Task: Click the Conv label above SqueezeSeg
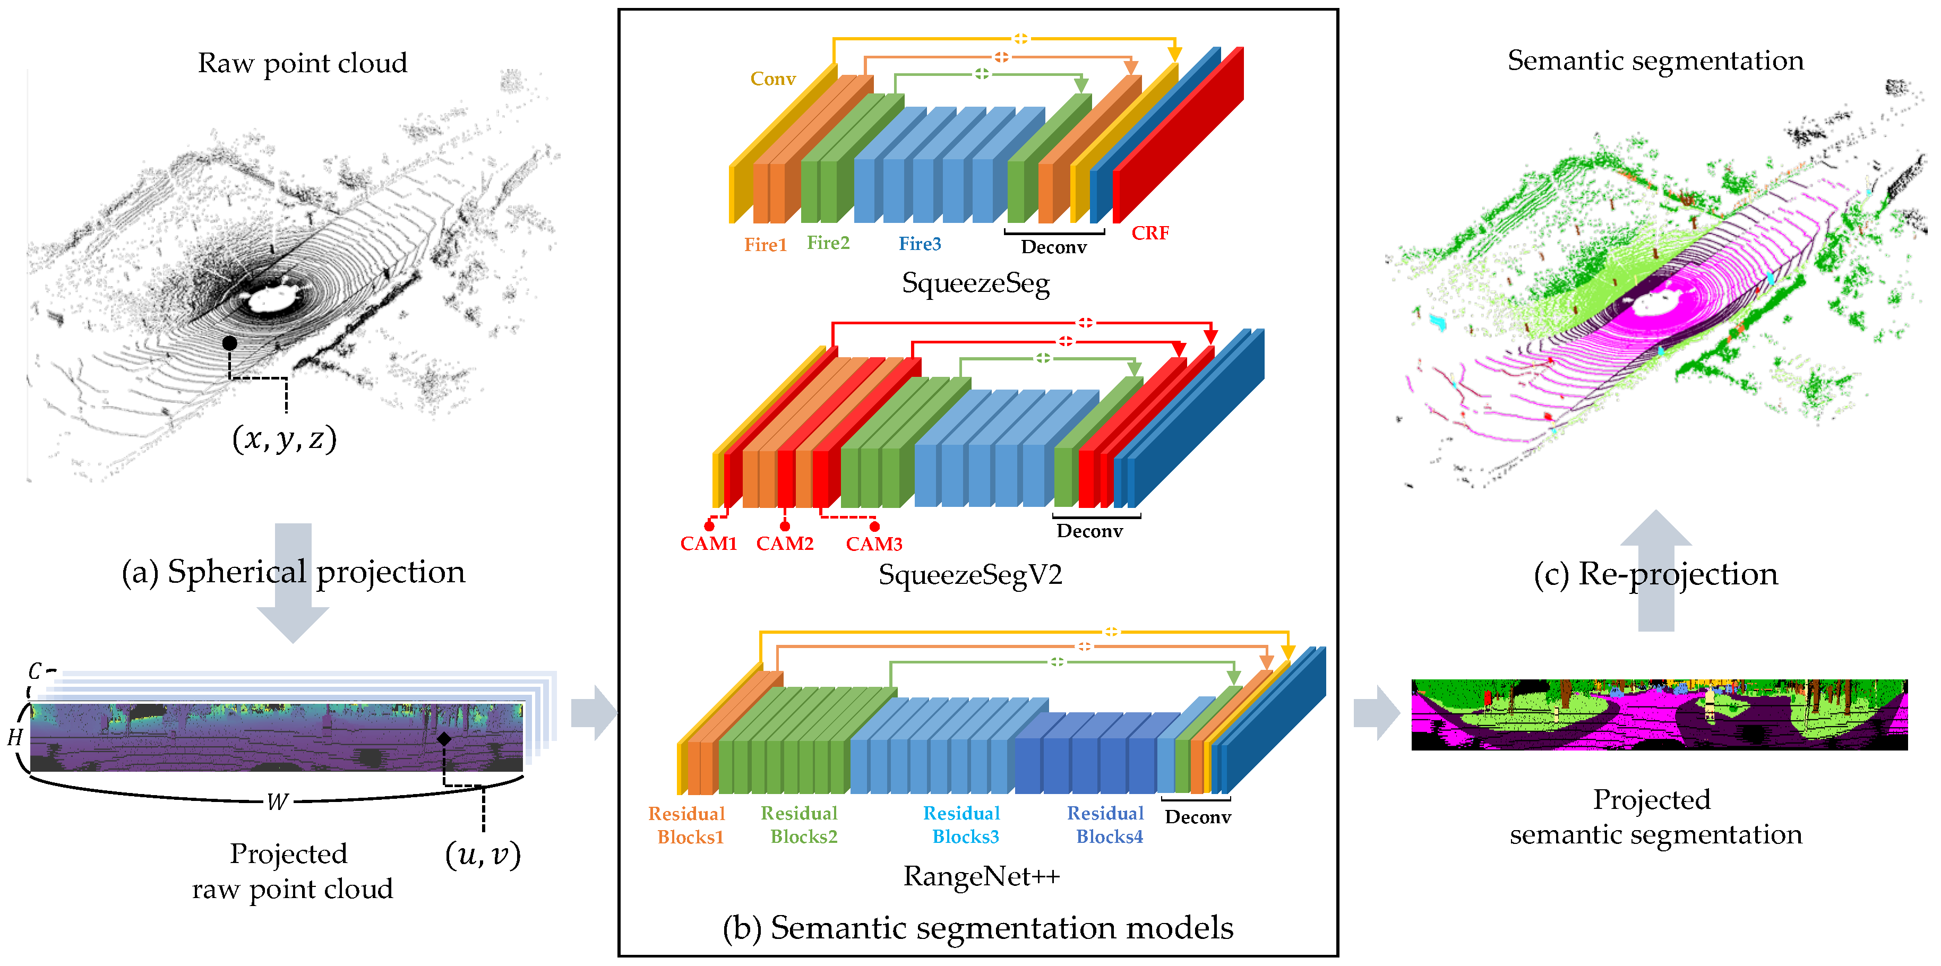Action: coord(772,79)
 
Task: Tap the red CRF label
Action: coord(1150,234)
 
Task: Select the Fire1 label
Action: coord(765,245)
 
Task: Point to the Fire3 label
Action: coord(919,244)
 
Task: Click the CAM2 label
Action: coord(784,544)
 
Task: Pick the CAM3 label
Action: coord(873,544)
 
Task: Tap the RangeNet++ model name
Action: coord(981,876)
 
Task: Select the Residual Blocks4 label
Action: coord(1105,825)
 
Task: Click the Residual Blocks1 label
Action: coord(686,825)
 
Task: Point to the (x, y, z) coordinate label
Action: coord(284,438)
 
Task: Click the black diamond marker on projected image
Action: coord(444,738)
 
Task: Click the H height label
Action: coord(15,737)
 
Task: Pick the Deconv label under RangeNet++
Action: coord(1197,817)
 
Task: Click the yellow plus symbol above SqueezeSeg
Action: coord(1020,38)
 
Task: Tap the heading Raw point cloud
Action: coord(302,63)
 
